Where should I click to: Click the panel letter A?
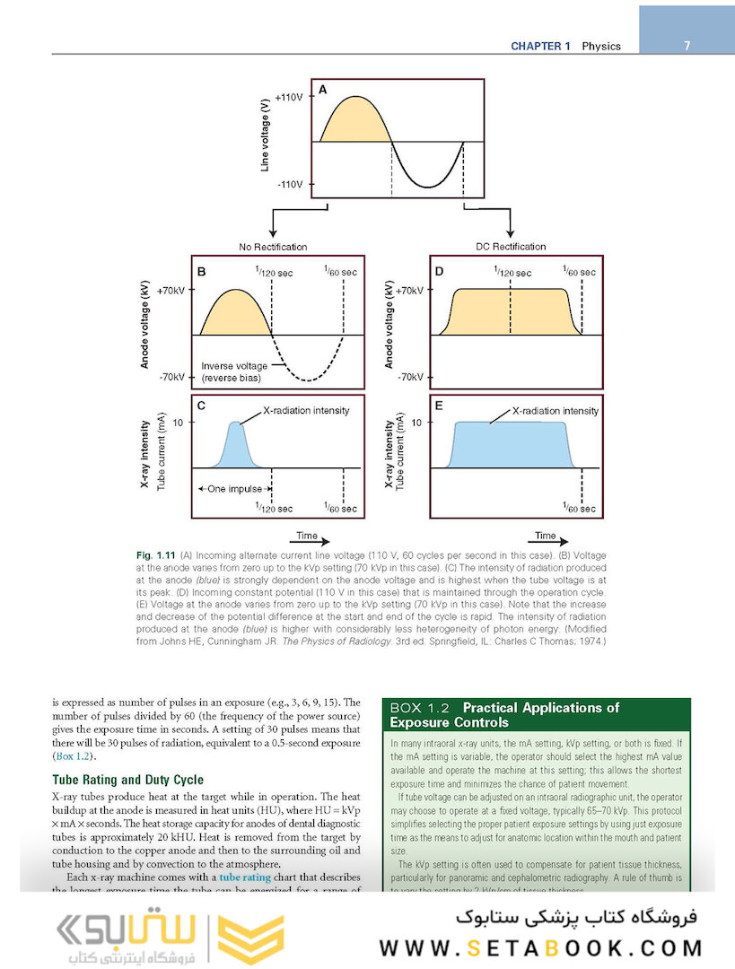coord(322,90)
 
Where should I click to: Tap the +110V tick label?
coord(289,96)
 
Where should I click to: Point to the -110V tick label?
coord(290,185)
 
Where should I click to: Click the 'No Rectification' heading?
coord(272,247)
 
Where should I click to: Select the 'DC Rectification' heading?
coord(511,247)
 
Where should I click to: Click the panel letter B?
coord(202,270)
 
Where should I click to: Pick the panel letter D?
coord(440,270)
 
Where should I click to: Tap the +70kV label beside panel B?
coord(171,291)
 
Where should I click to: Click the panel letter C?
coord(202,406)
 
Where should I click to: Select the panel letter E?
coord(440,406)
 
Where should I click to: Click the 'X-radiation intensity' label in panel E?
coord(555,410)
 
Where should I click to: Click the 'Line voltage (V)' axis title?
coord(267,139)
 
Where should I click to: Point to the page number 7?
coord(686,46)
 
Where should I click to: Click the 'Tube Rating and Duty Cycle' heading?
coord(127,780)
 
